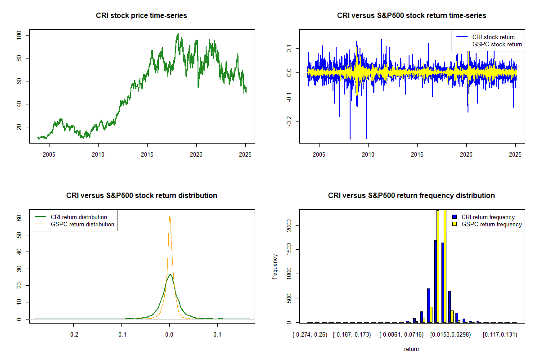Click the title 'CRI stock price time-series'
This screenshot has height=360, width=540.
[141, 15]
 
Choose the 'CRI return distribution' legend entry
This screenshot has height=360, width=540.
[79, 217]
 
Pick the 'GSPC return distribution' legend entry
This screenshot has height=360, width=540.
[82, 224]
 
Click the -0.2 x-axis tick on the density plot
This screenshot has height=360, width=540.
[73, 334]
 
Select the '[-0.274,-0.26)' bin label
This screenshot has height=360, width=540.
[310, 334]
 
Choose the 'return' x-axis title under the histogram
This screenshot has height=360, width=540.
[411, 349]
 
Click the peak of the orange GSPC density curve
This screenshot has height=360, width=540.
[170, 216]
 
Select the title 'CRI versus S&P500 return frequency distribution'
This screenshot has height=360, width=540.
[411, 195]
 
